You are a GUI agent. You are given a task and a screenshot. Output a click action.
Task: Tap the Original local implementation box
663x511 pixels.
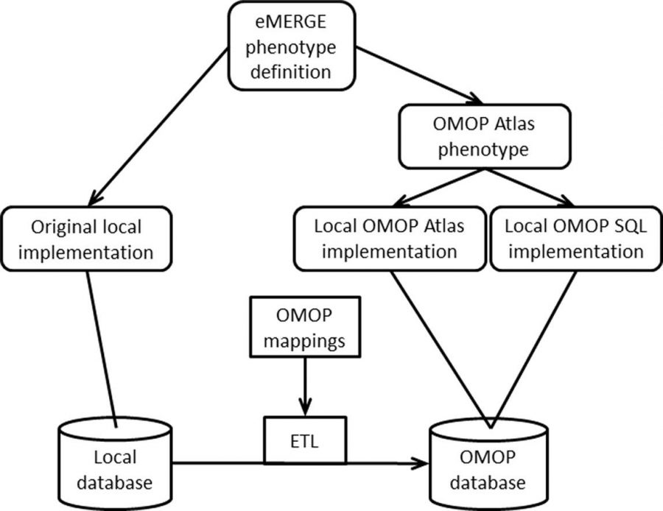coord(87,239)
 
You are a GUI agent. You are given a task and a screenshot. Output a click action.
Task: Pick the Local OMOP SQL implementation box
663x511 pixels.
coord(566,239)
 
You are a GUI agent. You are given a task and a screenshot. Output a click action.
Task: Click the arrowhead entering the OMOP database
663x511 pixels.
coord(421,463)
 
